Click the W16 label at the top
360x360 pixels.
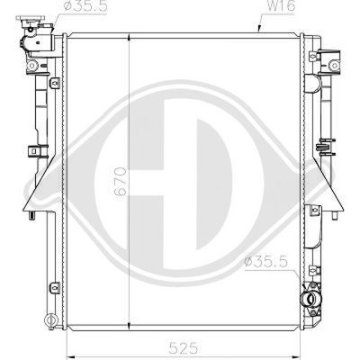pyautogui.click(x=281, y=6)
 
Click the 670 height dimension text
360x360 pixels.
pyautogui.click(x=121, y=182)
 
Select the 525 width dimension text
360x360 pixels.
pyautogui.click(x=184, y=348)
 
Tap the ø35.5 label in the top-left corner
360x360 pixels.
pyautogui.click(x=85, y=6)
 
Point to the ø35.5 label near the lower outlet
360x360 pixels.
pyautogui.click(x=265, y=261)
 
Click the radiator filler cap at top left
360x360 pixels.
pyautogui.click(x=30, y=21)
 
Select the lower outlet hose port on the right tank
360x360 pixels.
pyautogui.click(x=312, y=299)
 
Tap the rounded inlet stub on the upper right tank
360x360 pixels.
pyautogui.click(x=312, y=84)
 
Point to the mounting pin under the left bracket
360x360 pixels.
pyautogui.click(x=31, y=215)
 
